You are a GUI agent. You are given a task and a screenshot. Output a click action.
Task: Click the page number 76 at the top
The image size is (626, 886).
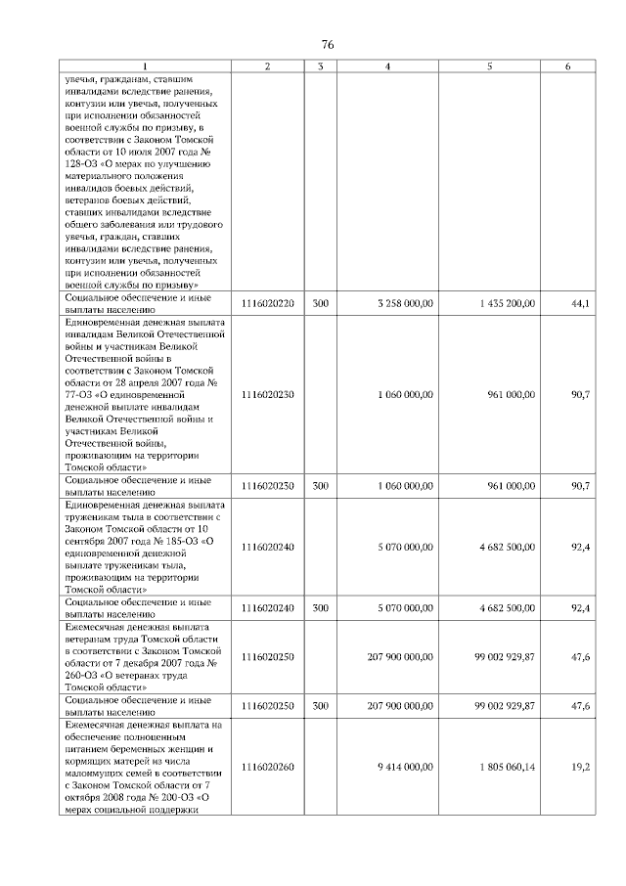(328, 45)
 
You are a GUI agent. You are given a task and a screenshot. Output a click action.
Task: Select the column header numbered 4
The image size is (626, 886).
(388, 66)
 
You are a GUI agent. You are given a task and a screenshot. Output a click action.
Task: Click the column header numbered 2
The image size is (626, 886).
(267, 66)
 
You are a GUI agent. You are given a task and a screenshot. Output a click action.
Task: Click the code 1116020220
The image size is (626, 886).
(267, 303)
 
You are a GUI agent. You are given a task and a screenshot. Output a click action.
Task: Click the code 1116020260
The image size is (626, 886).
(267, 768)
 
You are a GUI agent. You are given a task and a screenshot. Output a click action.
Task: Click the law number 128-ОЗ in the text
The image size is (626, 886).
(84, 163)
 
